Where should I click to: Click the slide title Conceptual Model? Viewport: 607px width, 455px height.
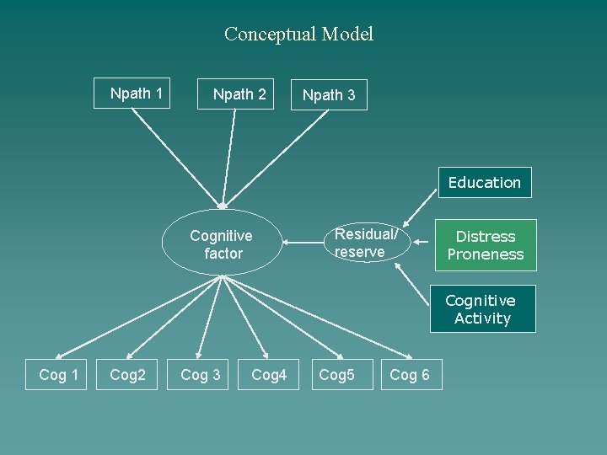click(x=298, y=35)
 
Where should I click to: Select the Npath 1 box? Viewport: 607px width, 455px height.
click(x=137, y=94)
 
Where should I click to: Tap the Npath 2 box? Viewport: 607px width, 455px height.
click(x=239, y=94)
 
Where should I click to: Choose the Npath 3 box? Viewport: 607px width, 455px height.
click(x=329, y=95)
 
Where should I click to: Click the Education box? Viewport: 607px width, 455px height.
click(x=484, y=182)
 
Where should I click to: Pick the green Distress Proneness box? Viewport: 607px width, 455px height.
click(x=485, y=245)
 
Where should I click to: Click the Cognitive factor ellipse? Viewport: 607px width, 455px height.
click(x=222, y=244)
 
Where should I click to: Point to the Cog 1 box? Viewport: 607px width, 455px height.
click(x=58, y=375)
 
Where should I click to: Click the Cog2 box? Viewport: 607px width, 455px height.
click(x=127, y=375)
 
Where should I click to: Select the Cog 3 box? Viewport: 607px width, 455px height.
click(x=201, y=375)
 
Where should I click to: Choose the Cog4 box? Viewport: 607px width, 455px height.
click(x=269, y=375)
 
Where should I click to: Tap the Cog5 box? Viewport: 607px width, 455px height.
click(x=336, y=375)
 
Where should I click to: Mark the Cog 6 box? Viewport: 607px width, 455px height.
click(x=410, y=375)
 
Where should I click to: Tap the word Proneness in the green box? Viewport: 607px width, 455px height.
click(x=485, y=254)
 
